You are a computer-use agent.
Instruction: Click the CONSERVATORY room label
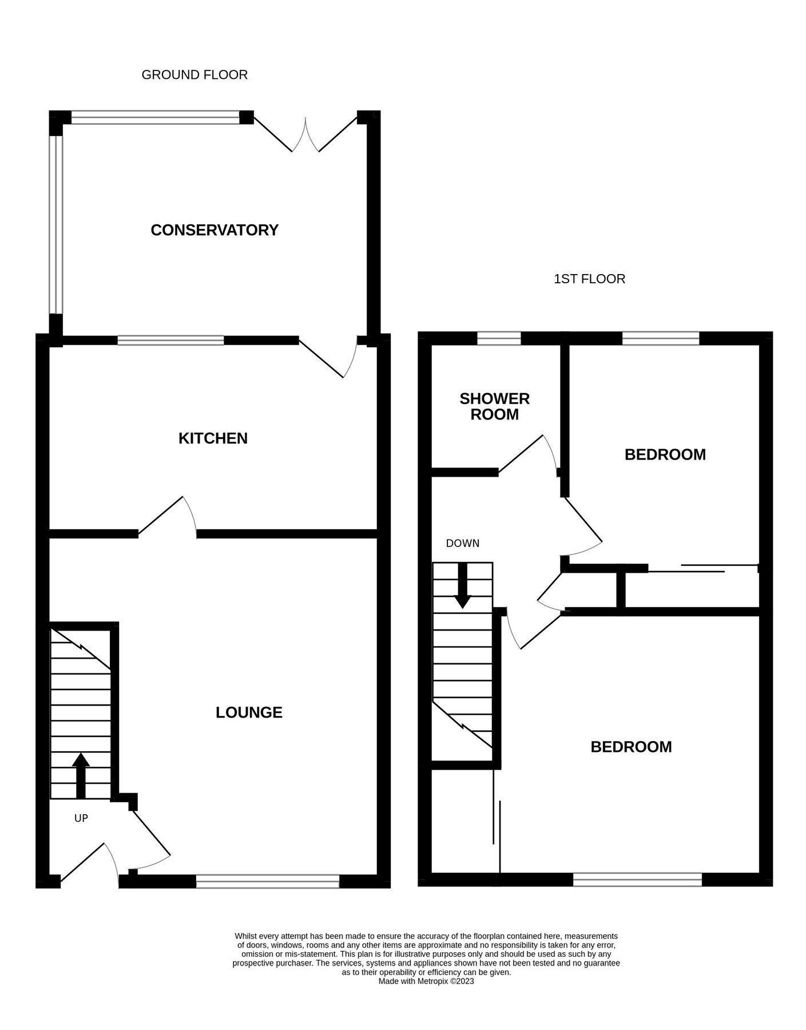tap(215, 230)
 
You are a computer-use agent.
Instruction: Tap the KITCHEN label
tap(213, 438)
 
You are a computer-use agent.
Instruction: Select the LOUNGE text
tap(249, 712)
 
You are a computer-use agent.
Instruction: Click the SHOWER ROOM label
tap(494, 406)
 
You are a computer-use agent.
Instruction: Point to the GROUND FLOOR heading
tap(194, 75)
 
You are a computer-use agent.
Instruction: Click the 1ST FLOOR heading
tap(589, 279)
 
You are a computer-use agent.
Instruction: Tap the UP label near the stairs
tap(81, 818)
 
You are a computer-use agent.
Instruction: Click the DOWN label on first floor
tap(462, 544)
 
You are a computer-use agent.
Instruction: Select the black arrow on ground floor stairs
tap(81, 775)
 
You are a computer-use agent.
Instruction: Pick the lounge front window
tap(268, 881)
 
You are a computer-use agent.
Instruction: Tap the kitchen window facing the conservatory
tap(170, 340)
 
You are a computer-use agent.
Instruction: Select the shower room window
tap(499, 339)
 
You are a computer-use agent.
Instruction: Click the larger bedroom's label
tap(631, 747)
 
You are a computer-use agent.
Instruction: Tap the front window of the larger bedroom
tap(637, 880)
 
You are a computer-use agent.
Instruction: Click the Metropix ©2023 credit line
tap(426, 981)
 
